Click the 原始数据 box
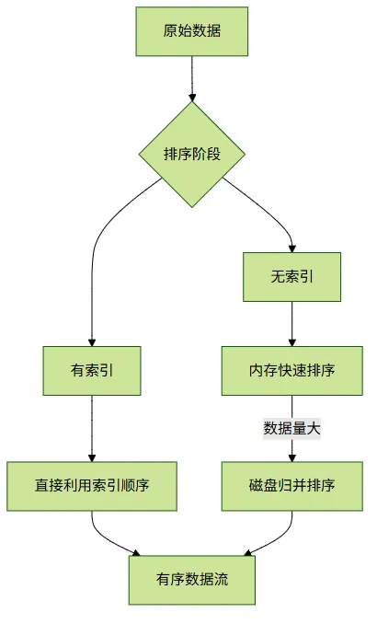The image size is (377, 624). pyautogui.click(x=191, y=31)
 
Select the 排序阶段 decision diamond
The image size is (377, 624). pyautogui.click(x=192, y=154)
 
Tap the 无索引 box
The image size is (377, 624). pyautogui.click(x=291, y=277)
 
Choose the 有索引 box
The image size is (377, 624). pyautogui.click(x=92, y=371)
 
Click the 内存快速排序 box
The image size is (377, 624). pyautogui.click(x=291, y=371)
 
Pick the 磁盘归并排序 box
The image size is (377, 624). pyautogui.click(x=291, y=486)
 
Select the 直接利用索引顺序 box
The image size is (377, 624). pyautogui.click(x=92, y=486)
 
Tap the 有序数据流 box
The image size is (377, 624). pyautogui.click(x=191, y=580)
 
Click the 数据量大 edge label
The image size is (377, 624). pyautogui.click(x=291, y=429)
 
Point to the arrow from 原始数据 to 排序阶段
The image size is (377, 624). pyautogui.click(x=192, y=79)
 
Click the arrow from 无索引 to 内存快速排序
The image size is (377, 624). pyautogui.click(x=291, y=324)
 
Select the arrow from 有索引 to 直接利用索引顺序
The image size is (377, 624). pyautogui.click(x=92, y=428)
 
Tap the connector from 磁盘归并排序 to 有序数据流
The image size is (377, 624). pyautogui.click(x=280, y=538)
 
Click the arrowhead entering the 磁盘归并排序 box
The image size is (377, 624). pyautogui.click(x=291, y=457)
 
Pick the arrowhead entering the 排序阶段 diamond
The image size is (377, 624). pyautogui.click(x=192, y=98)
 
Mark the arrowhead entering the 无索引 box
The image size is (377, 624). pyautogui.click(x=291, y=248)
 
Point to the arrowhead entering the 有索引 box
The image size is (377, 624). pyautogui.click(x=92, y=342)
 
